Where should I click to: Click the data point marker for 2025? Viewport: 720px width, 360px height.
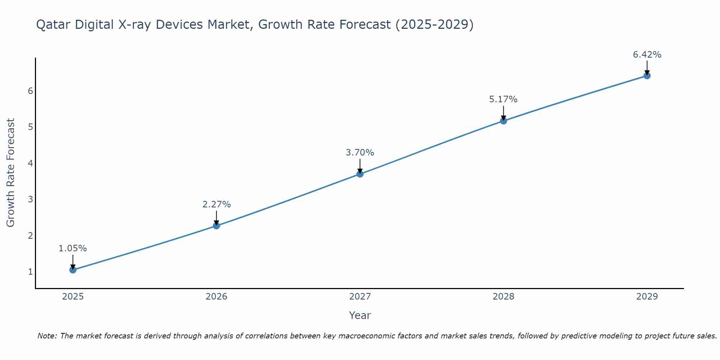tap(73, 270)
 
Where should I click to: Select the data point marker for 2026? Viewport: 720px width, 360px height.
tap(216, 226)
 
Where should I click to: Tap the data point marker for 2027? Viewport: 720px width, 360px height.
tap(360, 174)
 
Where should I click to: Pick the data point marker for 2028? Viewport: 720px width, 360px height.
tap(503, 121)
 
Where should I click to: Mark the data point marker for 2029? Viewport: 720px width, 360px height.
tap(647, 76)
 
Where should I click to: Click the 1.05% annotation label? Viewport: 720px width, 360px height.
tap(73, 248)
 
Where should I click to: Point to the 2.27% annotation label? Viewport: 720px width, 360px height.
tap(216, 204)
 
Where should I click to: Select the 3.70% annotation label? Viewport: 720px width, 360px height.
tap(360, 153)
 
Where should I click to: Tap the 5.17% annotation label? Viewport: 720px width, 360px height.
tap(503, 99)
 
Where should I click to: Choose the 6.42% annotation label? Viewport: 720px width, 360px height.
tap(647, 55)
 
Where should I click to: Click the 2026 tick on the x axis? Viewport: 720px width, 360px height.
tap(216, 297)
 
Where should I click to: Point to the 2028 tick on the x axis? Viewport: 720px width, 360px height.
tap(503, 297)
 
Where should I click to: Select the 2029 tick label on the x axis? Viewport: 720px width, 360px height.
tap(647, 297)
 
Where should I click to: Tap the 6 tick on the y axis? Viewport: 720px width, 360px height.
tap(30, 91)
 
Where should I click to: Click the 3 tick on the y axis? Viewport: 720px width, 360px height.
tap(30, 199)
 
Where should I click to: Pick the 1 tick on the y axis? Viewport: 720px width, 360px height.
tap(30, 271)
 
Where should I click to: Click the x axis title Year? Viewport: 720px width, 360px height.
tap(360, 315)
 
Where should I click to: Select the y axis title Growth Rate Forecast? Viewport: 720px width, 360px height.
tap(11, 173)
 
